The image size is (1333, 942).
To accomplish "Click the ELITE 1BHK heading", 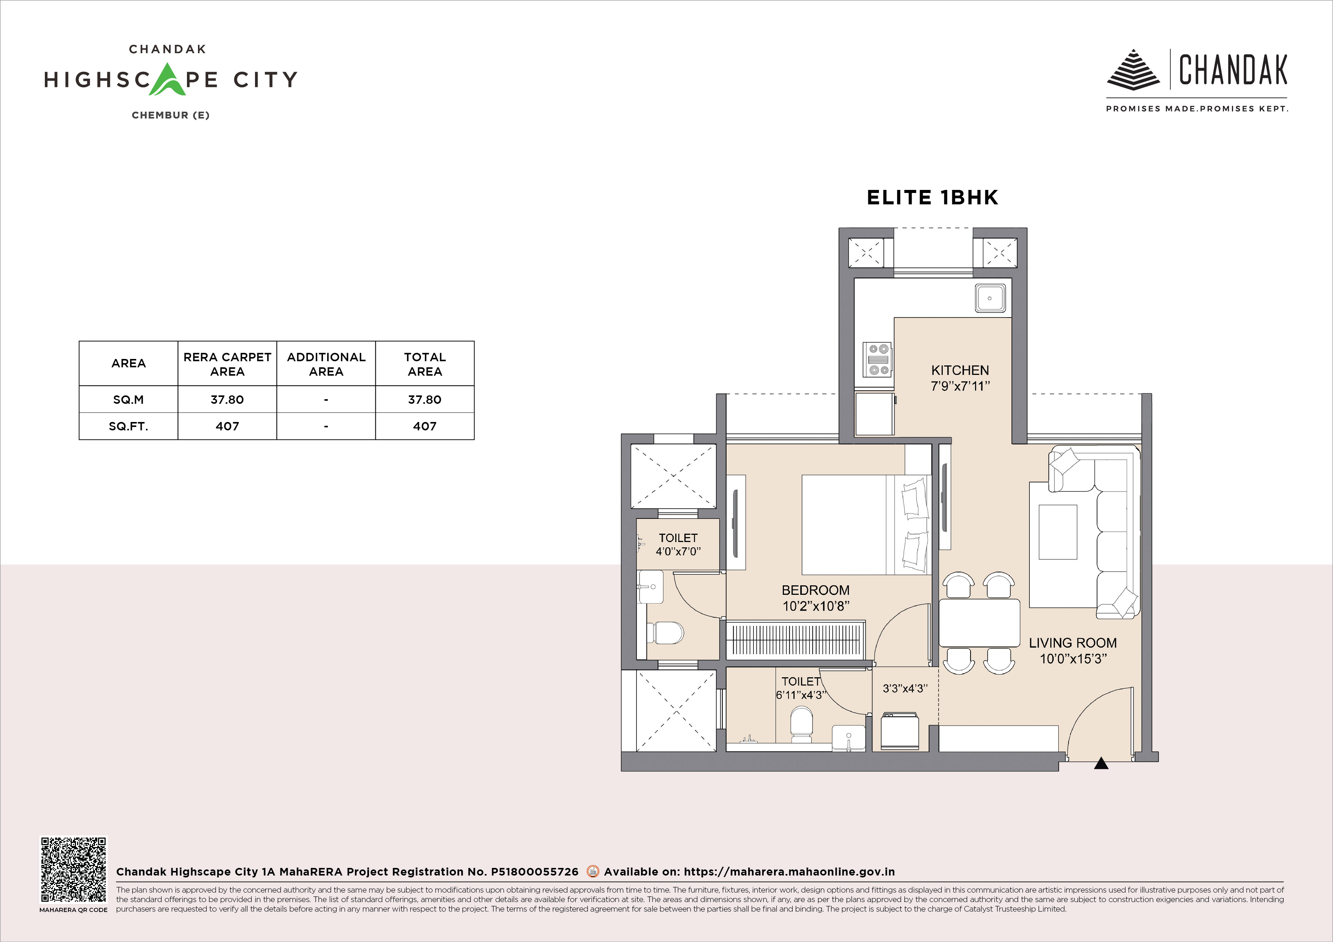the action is click(x=932, y=198).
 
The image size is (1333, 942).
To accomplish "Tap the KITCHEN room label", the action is click(x=960, y=370).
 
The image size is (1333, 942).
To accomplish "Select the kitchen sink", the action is click(x=990, y=298).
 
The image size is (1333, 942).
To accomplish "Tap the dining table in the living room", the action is click(x=980, y=623).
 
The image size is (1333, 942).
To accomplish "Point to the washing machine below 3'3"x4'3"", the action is click(x=900, y=731).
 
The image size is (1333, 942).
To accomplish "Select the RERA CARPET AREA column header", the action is click(x=228, y=364).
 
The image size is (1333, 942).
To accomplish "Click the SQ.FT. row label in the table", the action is click(x=128, y=427).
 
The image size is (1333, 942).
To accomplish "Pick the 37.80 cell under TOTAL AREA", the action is click(x=425, y=399).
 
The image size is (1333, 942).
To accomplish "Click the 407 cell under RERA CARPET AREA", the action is click(x=228, y=427).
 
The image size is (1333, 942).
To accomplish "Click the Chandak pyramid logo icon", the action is click(x=1133, y=70).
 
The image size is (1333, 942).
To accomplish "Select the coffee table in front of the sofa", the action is click(x=1058, y=532).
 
